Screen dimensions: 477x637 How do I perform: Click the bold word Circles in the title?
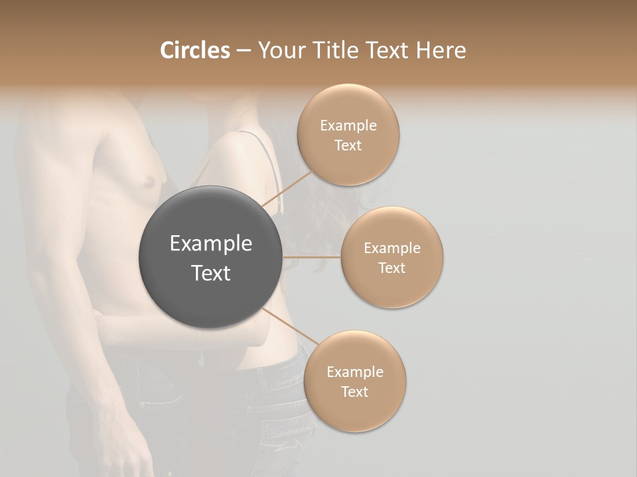click(x=195, y=50)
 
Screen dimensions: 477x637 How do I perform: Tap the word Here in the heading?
click(x=441, y=50)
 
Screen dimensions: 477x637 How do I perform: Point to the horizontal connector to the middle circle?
click(x=312, y=257)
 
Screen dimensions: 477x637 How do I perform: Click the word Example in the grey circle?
click(x=210, y=244)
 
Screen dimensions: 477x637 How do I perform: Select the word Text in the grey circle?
click(x=210, y=273)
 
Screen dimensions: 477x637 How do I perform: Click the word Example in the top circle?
click(x=348, y=126)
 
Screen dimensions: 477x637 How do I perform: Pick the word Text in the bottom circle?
click(x=354, y=392)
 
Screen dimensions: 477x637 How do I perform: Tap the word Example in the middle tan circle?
click(x=391, y=248)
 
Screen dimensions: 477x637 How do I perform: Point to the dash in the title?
click(x=244, y=51)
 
